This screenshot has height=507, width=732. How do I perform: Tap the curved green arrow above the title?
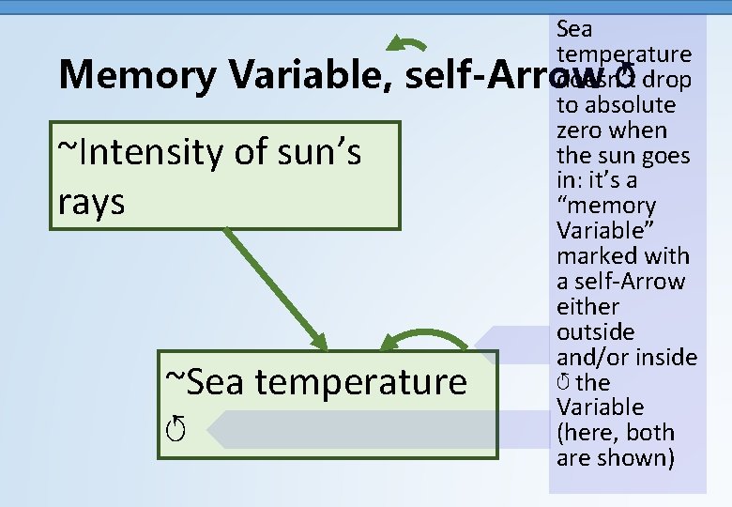(407, 43)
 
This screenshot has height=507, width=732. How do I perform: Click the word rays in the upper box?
(91, 201)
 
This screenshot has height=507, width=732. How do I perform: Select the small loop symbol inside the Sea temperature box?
(175, 430)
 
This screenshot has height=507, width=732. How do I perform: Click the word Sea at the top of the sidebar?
(574, 29)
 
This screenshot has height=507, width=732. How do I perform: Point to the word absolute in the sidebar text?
(628, 104)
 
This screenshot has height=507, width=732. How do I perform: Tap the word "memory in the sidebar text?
(605, 206)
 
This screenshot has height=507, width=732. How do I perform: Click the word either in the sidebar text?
(587, 307)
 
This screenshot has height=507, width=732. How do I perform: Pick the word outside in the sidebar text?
(595, 332)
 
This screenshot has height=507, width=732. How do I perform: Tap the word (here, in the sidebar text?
(587, 433)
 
